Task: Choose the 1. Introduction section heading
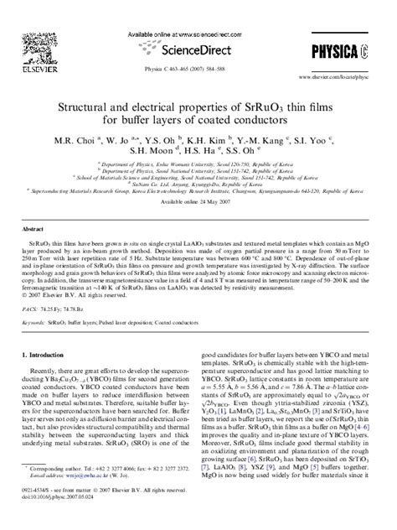50,356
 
